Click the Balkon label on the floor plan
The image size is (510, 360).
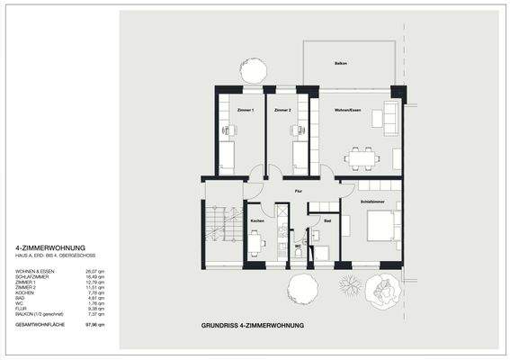tap(341, 64)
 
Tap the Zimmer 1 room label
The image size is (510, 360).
tap(246, 110)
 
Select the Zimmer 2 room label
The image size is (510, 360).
tap(283, 110)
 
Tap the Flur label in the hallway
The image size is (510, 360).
tap(298, 191)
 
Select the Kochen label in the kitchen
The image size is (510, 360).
tap(256, 220)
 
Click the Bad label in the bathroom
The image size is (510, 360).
tap(327, 220)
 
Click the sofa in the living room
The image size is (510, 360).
tap(391, 117)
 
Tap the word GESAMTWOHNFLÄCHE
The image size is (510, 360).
tap(40, 324)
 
